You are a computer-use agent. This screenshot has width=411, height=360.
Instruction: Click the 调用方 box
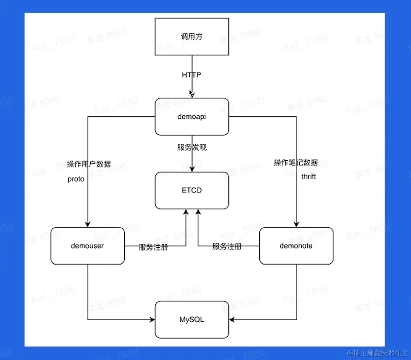point(192,37)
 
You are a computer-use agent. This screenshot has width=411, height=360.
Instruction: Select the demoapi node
point(192,117)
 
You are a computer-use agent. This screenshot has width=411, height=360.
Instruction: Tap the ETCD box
point(192,190)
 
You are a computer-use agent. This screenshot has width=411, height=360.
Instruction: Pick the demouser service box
point(87,246)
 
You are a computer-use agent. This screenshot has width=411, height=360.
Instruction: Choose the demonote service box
point(296,246)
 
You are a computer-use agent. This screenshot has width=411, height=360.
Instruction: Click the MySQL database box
point(192,320)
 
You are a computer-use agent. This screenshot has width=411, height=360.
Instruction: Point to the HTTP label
point(191,75)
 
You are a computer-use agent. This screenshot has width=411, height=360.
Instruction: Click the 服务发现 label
point(192,147)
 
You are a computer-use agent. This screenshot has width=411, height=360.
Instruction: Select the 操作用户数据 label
point(89,164)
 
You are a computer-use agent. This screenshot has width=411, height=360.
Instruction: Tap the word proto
point(76,179)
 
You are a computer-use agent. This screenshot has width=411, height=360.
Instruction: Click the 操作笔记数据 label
point(295,163)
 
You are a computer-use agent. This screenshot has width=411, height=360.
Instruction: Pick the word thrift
point(308,177)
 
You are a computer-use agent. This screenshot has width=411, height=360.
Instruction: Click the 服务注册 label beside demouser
point(153,247)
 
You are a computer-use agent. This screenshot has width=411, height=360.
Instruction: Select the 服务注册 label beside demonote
point(227,246)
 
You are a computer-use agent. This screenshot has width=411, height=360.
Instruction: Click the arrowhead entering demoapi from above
point(192,95)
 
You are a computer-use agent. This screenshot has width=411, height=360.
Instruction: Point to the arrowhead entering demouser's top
point(88,224)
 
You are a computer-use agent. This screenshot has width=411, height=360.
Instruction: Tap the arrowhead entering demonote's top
point(296,224)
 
